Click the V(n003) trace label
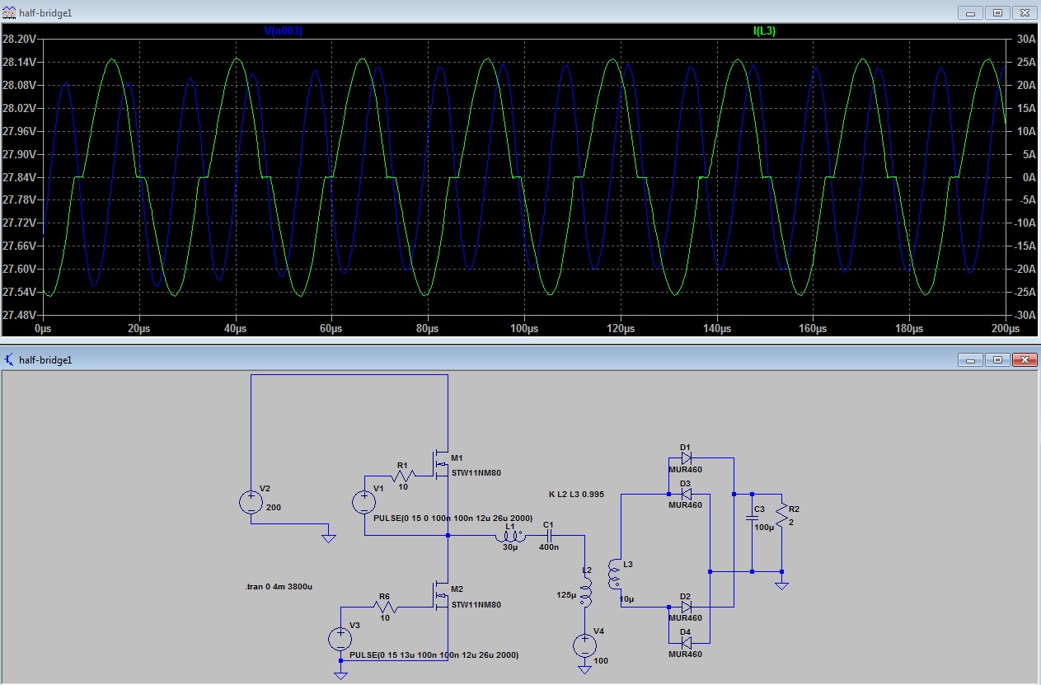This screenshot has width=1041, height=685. [x=283, y=31]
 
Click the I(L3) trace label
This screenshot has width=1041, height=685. [x=765, y=31]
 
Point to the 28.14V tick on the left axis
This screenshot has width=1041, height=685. [x=19, y=62]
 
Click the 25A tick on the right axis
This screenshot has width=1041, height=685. [x=1026, y=62]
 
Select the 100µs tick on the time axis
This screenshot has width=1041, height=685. [x=524, y=329]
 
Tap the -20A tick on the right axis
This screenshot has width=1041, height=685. [x=1025, y=269]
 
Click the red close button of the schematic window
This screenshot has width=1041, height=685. [x=1025, y=359]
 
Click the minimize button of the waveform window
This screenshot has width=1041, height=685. [x=970, y=13]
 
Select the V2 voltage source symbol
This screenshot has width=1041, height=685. [x=251, y=502]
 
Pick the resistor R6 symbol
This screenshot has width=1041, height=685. [x=385, y=607]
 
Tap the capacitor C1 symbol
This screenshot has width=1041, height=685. [x=549, y=536]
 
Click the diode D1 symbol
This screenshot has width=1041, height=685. [x=686, y=458]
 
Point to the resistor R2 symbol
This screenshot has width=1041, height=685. [x=781, y=514]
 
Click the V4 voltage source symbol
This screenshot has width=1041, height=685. [x=584, y=645]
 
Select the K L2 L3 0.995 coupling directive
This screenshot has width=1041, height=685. [x=576, y=495]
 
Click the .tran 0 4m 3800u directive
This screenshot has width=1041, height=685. [x=279, y=586]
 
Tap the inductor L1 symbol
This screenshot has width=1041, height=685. [x=510, y=537]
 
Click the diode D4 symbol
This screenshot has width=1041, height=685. [x=686, y=643]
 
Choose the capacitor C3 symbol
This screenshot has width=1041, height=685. [x=752, y=518]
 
